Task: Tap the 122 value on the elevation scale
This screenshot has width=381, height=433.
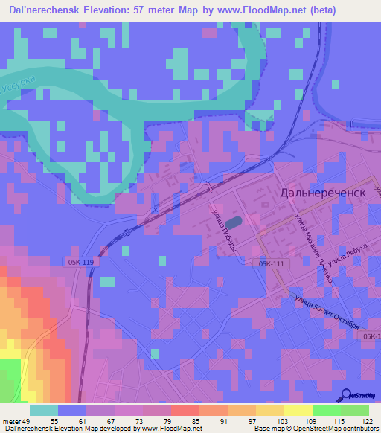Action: (366, 421)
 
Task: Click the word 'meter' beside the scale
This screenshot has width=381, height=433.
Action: (10, 421)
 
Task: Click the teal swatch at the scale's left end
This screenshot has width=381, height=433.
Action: (44, 410)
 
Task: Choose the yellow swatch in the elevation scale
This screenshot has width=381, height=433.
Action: (298, 410)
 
